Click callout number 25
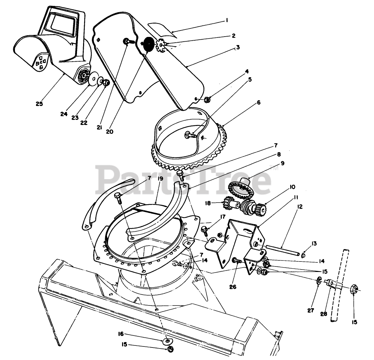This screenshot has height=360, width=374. [39, 104]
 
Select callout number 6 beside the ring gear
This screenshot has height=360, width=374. [259, 102]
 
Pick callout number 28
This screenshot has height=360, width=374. [323, 314]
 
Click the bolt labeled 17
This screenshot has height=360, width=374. [205, 230]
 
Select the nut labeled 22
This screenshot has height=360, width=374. [106, 82]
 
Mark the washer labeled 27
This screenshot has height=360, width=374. [319, 280]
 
